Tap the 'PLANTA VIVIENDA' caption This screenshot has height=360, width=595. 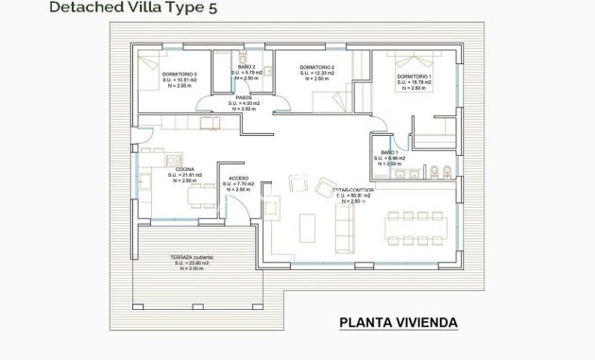(398, 323)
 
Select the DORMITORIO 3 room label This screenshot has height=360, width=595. (178, 74)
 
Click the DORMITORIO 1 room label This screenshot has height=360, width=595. (415, 76)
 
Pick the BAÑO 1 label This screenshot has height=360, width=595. (390, 152)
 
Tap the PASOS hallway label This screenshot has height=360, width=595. (245, 97)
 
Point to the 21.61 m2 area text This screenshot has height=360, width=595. (181, 175)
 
